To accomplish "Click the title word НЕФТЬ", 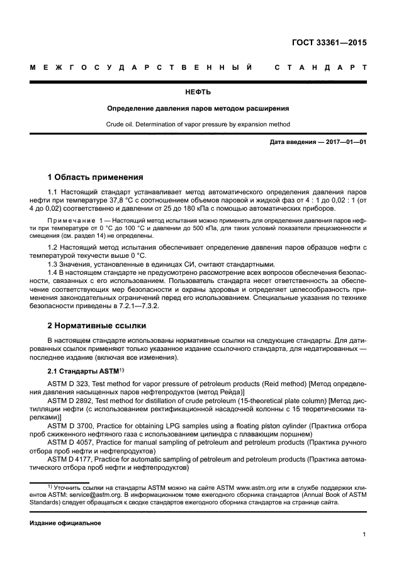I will (208, 92).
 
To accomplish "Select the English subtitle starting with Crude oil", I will (208, 125).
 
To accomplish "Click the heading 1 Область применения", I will (95, 177).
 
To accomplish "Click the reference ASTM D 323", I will (69, 383).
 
